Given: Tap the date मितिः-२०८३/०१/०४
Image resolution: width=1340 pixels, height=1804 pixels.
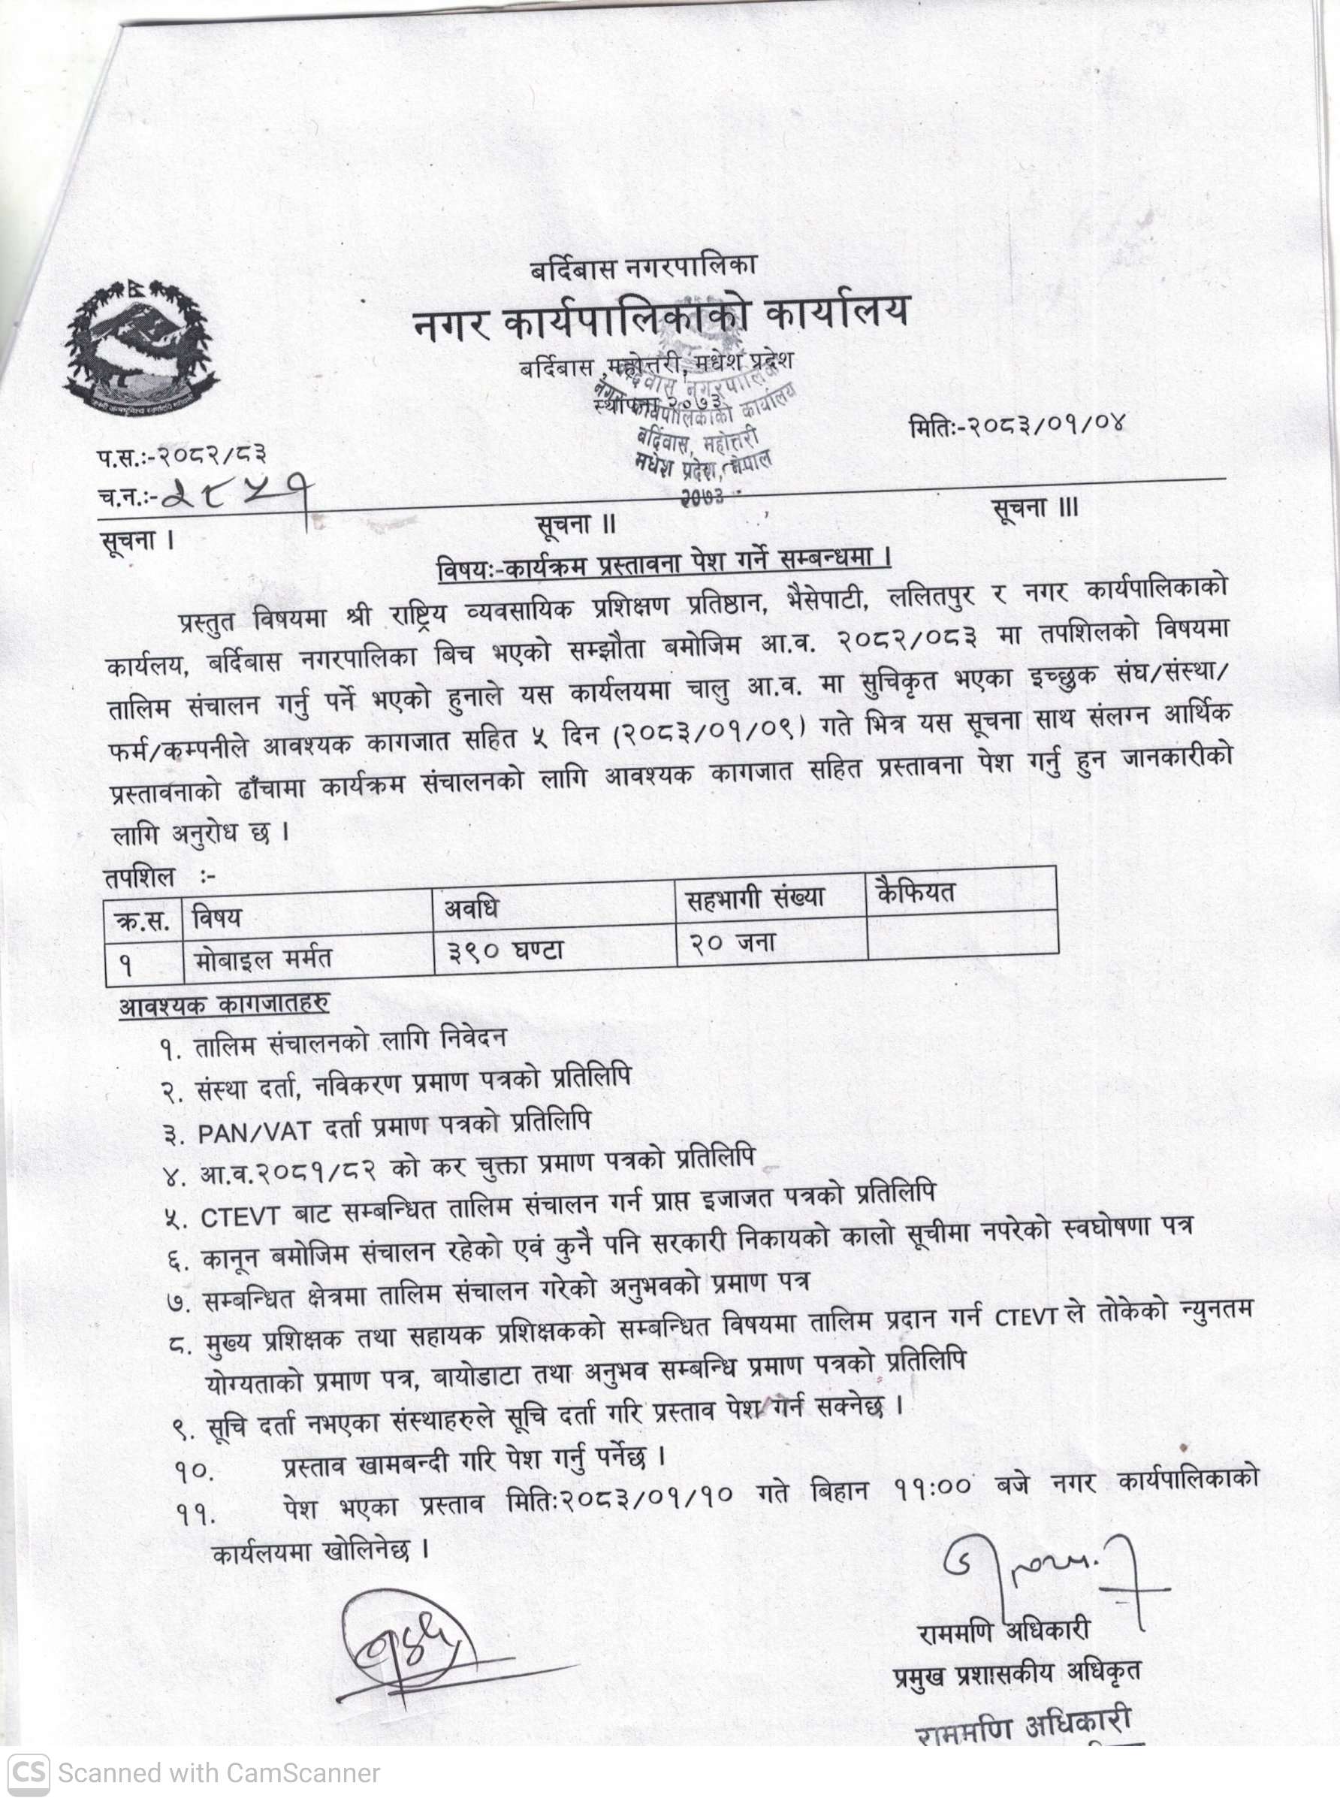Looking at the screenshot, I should click(1018, 425).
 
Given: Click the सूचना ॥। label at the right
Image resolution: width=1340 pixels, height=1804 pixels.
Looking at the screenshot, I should click(1035, 509).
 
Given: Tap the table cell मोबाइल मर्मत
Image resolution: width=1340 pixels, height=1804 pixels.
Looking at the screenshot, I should click(264, 959).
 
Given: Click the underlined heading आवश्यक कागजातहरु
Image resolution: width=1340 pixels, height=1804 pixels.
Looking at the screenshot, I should click(224, 1005).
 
